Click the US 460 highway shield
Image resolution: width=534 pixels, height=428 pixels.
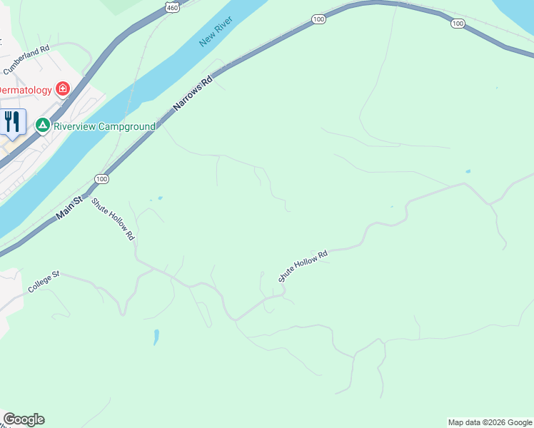171,6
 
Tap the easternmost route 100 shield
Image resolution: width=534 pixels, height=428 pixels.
458,24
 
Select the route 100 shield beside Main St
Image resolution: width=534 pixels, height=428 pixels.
101,179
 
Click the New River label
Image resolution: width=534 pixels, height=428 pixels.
216,33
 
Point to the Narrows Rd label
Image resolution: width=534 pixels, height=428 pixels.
193,93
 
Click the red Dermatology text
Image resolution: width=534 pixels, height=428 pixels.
26,90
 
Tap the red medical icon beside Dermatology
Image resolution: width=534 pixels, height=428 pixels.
63,89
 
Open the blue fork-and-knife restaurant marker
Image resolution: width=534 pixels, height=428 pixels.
12,121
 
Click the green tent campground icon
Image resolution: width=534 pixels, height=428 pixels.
43,126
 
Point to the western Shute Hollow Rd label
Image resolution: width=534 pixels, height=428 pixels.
114,218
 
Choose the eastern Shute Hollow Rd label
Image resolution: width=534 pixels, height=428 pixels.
303,266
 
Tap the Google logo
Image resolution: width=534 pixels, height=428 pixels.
24,419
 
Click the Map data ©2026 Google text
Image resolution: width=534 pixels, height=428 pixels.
490,422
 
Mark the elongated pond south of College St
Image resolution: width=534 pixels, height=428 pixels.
156,337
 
